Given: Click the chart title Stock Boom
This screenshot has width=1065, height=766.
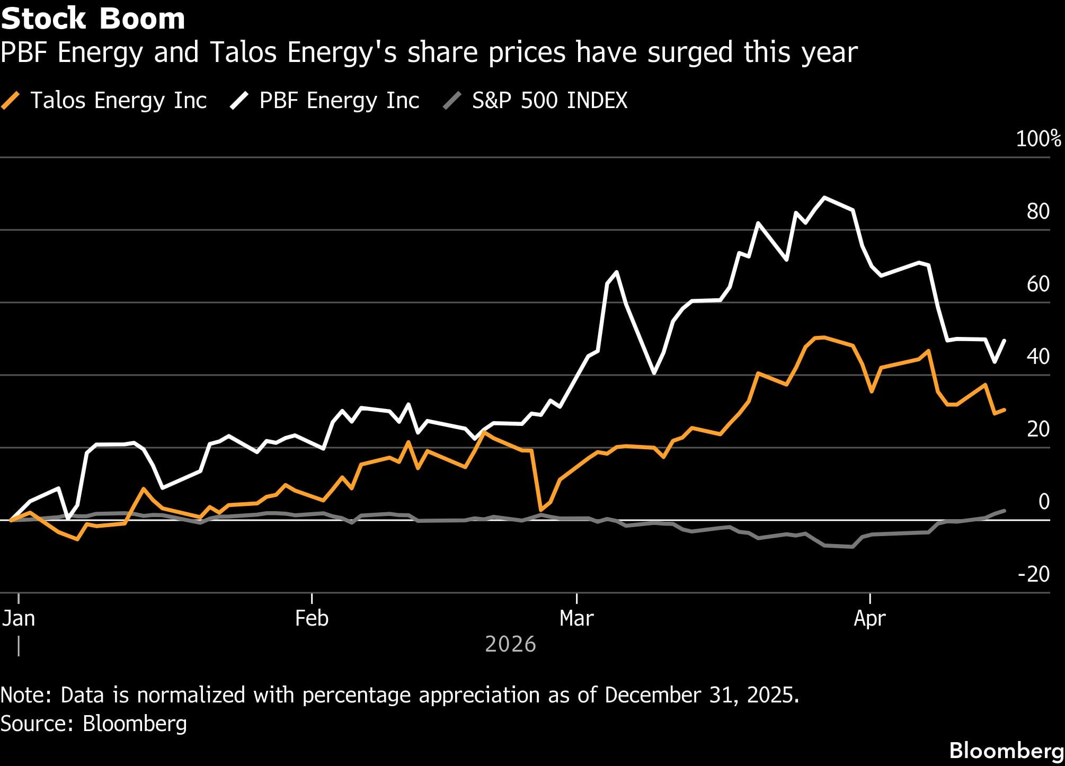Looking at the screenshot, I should click(x=93, y=19).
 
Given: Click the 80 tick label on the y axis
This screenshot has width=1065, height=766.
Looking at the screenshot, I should click(x=1038, y=211).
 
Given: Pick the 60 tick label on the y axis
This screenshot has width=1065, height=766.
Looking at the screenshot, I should click(x=1038, y=284).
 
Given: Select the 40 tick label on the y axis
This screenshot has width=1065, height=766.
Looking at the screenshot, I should click(x=1038, y=357).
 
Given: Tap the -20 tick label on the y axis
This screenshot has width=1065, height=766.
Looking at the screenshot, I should click(x=1033, y=574).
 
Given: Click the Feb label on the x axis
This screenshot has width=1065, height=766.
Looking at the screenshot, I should click(x=312, y=618).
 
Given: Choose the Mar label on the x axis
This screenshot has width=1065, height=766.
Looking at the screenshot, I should click(x=576, y=618).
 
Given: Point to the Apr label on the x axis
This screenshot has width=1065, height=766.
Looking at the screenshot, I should click(x=869, y=618).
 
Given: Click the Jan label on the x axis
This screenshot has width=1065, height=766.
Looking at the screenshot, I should click(x=19, y=618).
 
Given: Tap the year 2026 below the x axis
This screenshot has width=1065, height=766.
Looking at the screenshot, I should click(x=510, y=644).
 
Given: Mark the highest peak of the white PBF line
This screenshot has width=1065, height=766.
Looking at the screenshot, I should click(x=824, y=198).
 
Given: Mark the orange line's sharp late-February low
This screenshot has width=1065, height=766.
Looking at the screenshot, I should click(x=540, y=510).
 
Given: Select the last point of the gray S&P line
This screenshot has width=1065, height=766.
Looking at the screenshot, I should click(x=1005, y=511).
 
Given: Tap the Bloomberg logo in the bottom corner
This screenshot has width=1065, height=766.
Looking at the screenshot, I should click(x=1006, y=751).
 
